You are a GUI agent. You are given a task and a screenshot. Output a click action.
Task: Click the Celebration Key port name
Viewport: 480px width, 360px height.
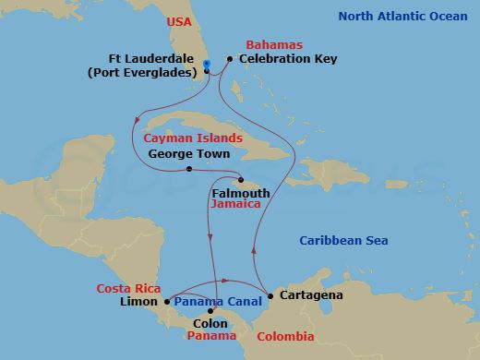(x=288, y=59)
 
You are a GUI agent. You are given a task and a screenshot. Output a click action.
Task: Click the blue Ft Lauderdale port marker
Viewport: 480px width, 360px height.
(x=207, y=63)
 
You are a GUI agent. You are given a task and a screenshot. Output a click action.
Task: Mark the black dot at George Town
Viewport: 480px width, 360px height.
(x=188, y=169)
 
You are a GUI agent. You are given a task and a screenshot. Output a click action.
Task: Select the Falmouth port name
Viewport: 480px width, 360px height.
(x=241, y=193)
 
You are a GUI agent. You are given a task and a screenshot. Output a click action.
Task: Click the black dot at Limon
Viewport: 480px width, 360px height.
(x=166, y=301)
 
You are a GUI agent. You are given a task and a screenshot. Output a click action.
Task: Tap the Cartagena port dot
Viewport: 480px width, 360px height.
(x=270, y=295)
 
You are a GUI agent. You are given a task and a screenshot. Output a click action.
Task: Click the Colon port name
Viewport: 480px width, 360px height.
(x=210, y=324)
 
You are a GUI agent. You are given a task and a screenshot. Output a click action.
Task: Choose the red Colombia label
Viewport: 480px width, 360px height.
(x=287, y=337)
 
